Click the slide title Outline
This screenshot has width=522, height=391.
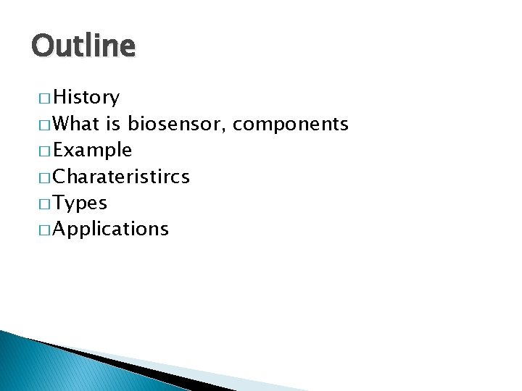point(83,46)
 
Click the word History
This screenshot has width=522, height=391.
point(86,98)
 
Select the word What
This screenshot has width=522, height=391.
point(76,125)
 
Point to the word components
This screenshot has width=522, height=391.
point(291,125)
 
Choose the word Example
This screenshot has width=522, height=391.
point(93,151)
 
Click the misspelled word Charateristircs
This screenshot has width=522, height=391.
point(122,177)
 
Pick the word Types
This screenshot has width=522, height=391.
point(80,203)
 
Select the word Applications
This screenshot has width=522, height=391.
point(111,230)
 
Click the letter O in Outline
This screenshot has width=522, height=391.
point(42,46)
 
